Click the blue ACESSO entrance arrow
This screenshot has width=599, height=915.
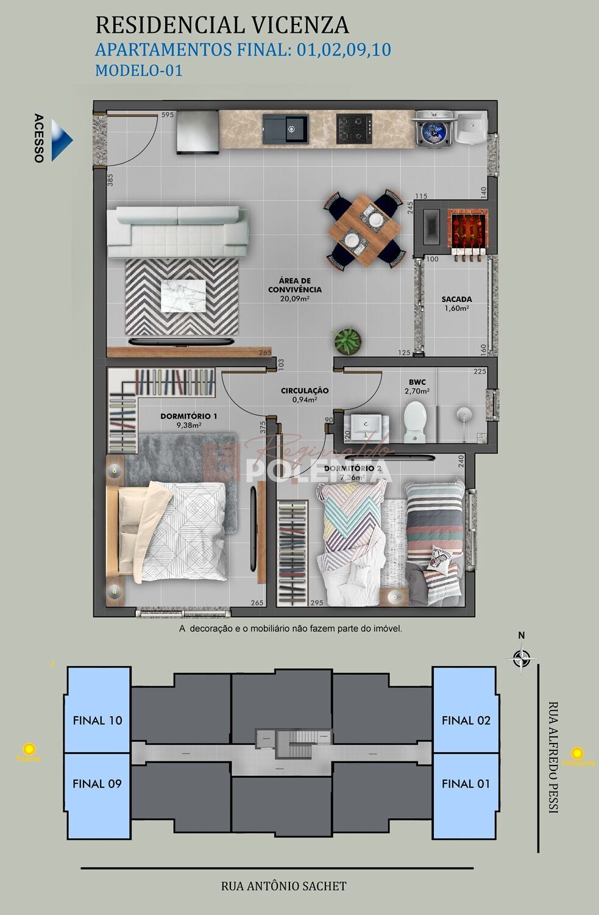[x=61, y=140]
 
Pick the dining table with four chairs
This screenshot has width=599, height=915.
[x=364, y=230]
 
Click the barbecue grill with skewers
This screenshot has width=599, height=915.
[x=468, y=229]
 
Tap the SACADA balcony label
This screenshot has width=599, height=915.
[x=456, y=300]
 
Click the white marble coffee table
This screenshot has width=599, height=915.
[x=183, y=296]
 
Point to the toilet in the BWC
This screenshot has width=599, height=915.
[x=416, y=420]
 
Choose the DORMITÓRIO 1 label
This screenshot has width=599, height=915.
[x=189, y=416]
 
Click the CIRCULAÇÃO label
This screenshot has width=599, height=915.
[x=305, y=390]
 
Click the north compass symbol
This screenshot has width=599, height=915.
[x=521, y=658]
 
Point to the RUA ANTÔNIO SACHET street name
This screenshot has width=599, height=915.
[x=284, y=886]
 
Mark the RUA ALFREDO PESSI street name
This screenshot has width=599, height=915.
[x=553, y=757]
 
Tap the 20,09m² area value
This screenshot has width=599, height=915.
[x=295, y=299]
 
